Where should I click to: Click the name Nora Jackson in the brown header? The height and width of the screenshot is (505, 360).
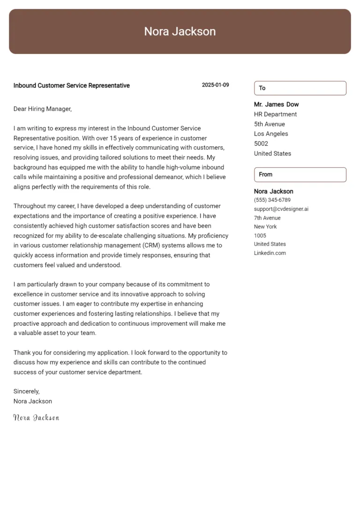[x=180, y=31]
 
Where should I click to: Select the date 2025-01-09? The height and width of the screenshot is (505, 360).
[x=215, y=85]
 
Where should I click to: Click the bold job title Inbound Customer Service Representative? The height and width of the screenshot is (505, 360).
[x=71, y=86]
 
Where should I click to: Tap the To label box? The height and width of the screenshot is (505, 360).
[x=300, y=88]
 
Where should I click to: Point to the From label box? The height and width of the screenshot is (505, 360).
[x=300, y=174]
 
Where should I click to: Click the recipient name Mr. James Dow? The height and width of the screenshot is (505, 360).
[x=276, y=104]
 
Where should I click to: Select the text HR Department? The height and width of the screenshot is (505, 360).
[x=275, y=114]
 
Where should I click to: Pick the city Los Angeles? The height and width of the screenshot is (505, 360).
[x=271, y=134]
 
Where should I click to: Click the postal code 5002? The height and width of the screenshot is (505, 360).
[x=261, y=144]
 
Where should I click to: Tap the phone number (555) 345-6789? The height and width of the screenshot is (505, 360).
[x=272, y=200]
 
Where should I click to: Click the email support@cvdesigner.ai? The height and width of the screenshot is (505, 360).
[x=281, y=209]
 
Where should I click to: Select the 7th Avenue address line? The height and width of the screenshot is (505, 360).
[x=267, y=218]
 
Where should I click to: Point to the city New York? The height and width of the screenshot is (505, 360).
[x=265, y=227]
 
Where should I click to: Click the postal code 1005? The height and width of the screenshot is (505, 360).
[x=260, y=236]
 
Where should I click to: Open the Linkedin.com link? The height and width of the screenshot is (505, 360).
[x=270, y=253]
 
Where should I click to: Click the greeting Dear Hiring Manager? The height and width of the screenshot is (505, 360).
[x=42, y=109]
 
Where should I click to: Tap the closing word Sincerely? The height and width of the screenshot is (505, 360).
[x=26, y=391]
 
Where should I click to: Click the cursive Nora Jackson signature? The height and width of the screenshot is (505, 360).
[x=36, y=417]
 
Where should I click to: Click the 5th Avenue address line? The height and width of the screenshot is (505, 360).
[x=269, y=124]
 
